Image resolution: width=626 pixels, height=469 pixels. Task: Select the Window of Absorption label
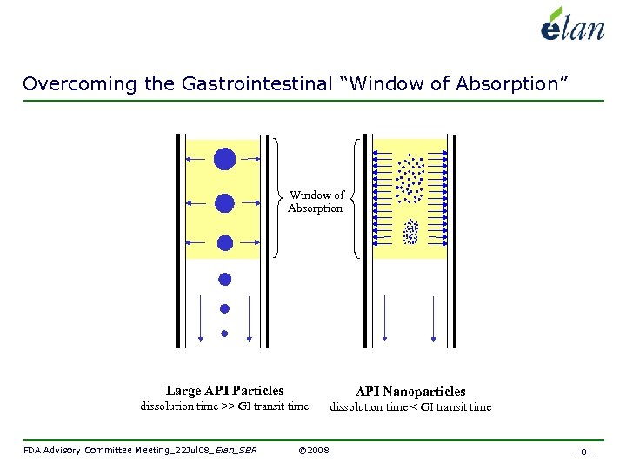pos(316,201)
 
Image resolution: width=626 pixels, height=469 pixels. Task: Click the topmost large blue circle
pos(225,159)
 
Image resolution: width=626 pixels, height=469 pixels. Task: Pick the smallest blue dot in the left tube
pos(224,333)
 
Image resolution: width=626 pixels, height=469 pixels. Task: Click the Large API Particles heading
pos(224,391)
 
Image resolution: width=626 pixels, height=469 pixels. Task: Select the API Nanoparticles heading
pos(410,392)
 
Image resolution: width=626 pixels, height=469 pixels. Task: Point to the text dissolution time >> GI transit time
pos(224,406)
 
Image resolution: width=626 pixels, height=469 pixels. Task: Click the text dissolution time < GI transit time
pos(410,406)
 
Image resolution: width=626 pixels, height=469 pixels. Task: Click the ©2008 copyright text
pos(313,450)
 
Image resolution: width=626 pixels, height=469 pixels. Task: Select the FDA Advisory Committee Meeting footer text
pos(139,450)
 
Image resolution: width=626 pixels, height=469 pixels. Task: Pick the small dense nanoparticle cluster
pos(410,231)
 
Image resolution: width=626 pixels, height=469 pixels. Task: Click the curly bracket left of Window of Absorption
pos(276,198)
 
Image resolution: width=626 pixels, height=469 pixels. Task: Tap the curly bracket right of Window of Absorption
pos(356,198)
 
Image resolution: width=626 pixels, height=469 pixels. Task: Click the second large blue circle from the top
pos(225,203)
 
